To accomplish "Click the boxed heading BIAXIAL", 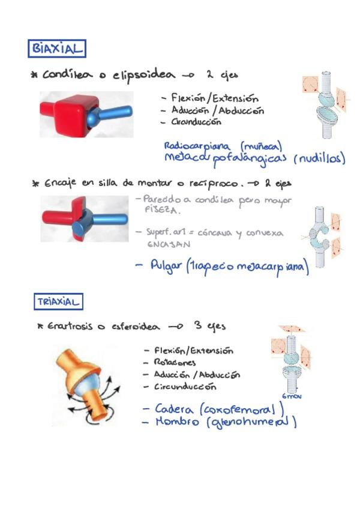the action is [56, 48].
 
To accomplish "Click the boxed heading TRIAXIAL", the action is [58, 301].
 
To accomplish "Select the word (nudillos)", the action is [320, 159].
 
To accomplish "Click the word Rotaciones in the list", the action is [175, 363].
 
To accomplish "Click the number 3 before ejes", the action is [197, 326].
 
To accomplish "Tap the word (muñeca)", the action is [261, 146].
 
